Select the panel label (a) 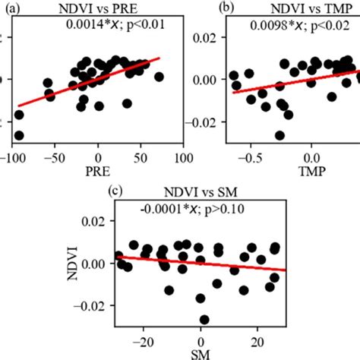(x=8, y=8)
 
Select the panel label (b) (x=206, y=8)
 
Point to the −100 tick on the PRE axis (x=13, y=160)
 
